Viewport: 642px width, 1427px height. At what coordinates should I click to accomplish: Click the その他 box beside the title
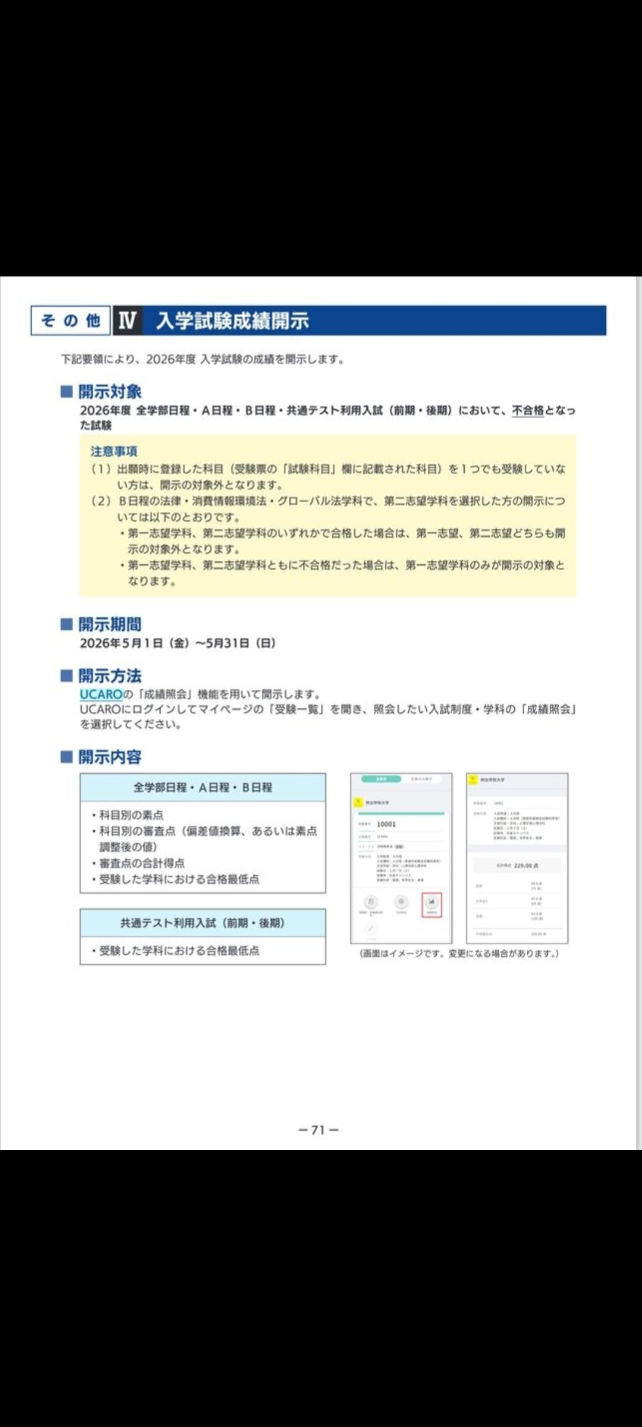(x=71, y=320)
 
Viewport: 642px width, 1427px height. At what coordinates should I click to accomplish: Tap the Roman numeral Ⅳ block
(x=127, y=320)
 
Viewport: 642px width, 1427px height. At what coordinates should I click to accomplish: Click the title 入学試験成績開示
(x=232, y=320)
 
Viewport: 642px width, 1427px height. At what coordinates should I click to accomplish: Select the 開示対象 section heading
(x=110, y=392)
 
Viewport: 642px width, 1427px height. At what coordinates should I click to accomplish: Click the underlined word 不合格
(x=528, y=410)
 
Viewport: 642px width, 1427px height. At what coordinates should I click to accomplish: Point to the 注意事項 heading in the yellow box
(x=114, y=451)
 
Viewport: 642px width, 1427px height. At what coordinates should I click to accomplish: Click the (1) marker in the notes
(x=101, y=469)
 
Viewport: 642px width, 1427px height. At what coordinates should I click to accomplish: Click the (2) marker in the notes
(x=101, y=501)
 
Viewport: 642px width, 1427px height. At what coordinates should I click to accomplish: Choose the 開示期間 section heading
(x=110, y=624)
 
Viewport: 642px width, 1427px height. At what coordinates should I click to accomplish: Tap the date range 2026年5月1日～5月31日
(x=177, y=643)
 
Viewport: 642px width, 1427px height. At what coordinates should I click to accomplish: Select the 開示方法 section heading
(x=110, y=676)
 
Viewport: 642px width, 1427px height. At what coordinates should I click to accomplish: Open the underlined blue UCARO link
(x=101, y=694)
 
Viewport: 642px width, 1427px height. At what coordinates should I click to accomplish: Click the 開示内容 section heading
(x=110, y=757)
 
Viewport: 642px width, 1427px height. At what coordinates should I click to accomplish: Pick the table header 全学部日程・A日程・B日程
(x=203, y=787)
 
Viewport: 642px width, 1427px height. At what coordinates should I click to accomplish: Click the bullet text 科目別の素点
(x=131, y=815)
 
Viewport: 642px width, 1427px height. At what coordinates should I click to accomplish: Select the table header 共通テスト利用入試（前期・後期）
(x=203, y=923)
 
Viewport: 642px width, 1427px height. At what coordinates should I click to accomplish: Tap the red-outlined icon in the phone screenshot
(x=432, y=905)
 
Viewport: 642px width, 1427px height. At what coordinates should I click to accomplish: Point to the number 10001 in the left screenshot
(x=386, y=824)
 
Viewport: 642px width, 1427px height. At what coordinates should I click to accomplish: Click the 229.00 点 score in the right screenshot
(x=526, y=866)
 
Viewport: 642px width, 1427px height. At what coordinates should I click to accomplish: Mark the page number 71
(x=319, y=1130)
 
